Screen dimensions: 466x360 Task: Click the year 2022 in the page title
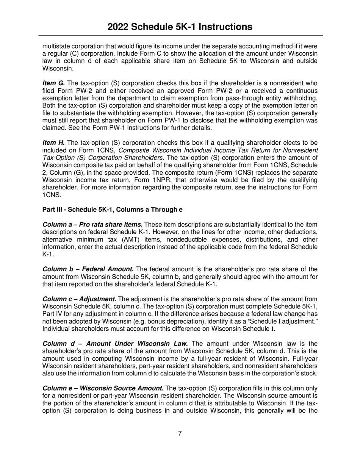[x=119, y=27]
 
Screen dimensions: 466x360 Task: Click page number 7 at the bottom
[x=180, y=433]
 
